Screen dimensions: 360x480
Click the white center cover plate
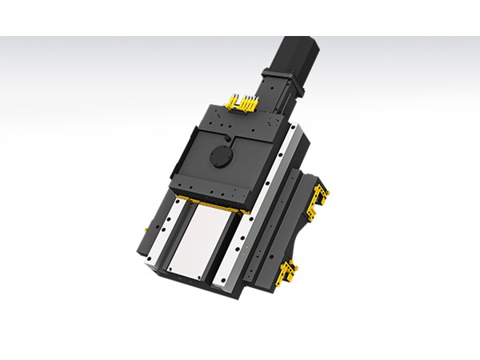tap(205, 236)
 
